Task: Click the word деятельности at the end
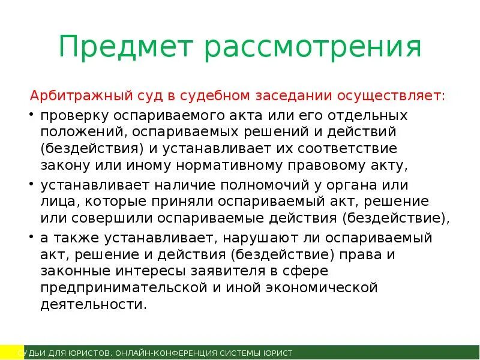[93, 304]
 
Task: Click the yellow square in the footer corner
[8, 352]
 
